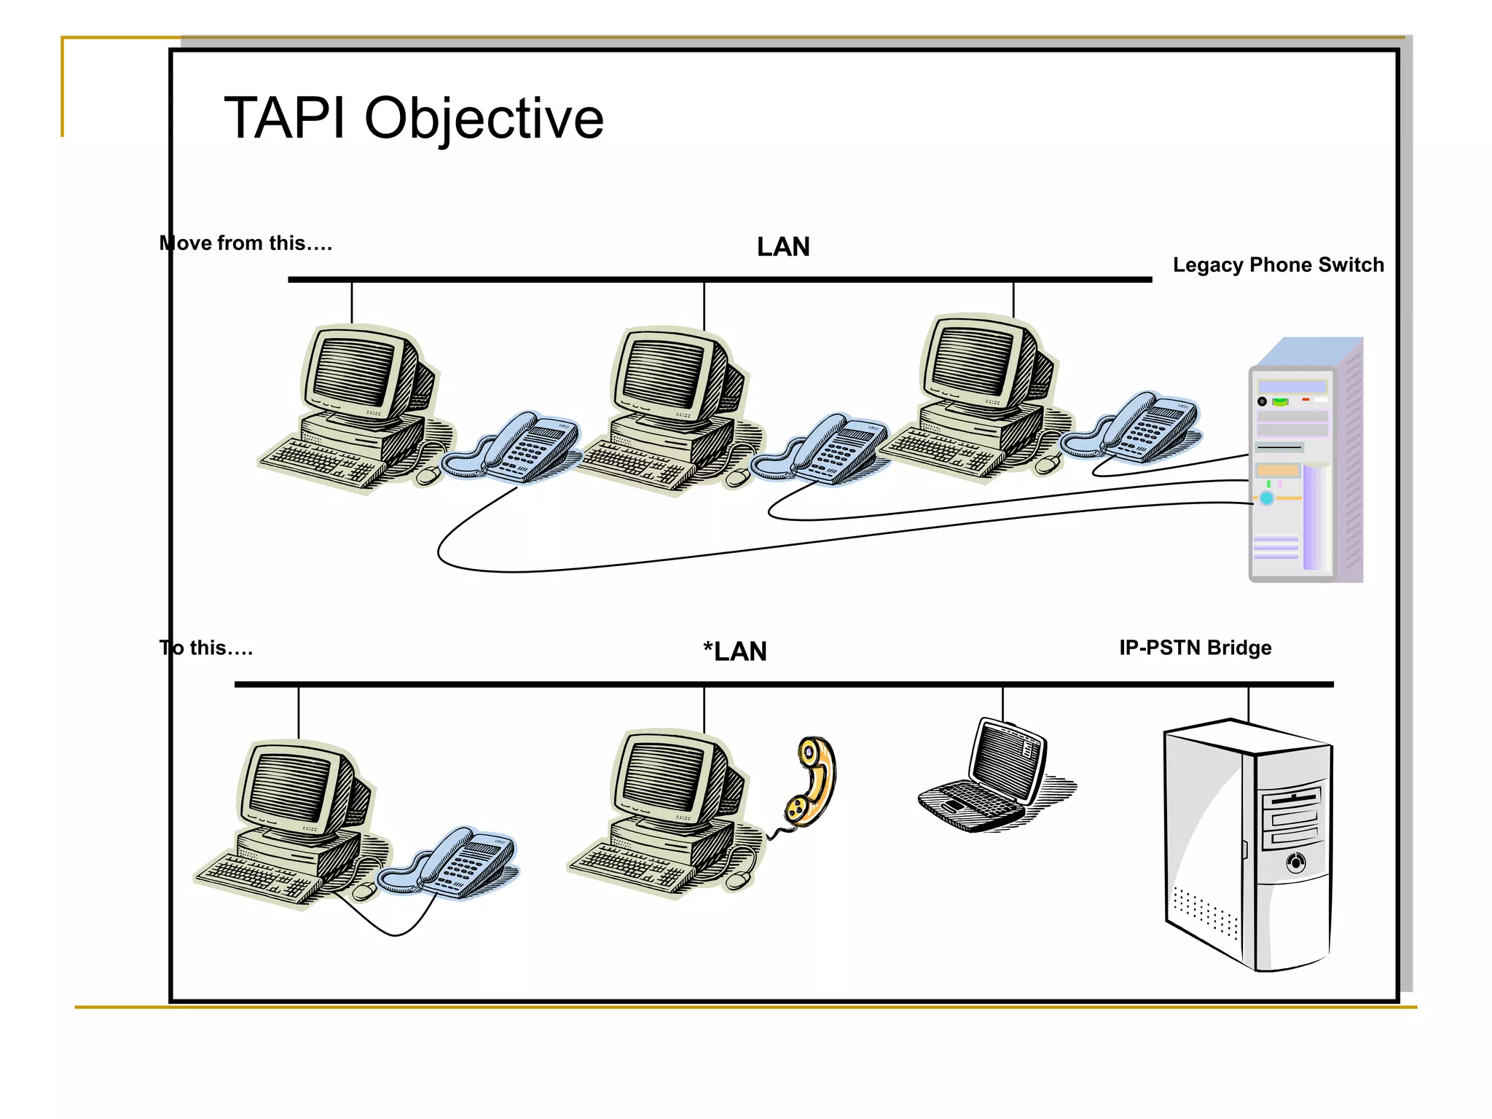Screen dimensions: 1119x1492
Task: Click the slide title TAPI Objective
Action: pyautogui.click(x=413, y=118)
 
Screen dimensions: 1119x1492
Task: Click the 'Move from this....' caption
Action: pyautogui.click(x=246, y=243)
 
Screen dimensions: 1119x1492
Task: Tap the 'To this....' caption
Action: pyautogui.click(x=206, y=648)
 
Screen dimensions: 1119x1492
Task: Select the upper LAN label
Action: pyautogui.click(x=783, y=247)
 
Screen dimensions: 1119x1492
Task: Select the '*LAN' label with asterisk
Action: pyautogui.click(x=735, y=651)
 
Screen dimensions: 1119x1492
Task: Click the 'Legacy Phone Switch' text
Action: pyautogui.click(x=1278, y=265)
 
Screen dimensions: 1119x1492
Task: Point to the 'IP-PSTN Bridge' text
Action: pyautogui.click(x=1195, y=648)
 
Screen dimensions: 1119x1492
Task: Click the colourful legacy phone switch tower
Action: pyautogui.click(x=1304, y=466)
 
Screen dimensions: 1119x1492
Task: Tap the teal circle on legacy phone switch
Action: pyautogui.click(x=1267, y=498)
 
